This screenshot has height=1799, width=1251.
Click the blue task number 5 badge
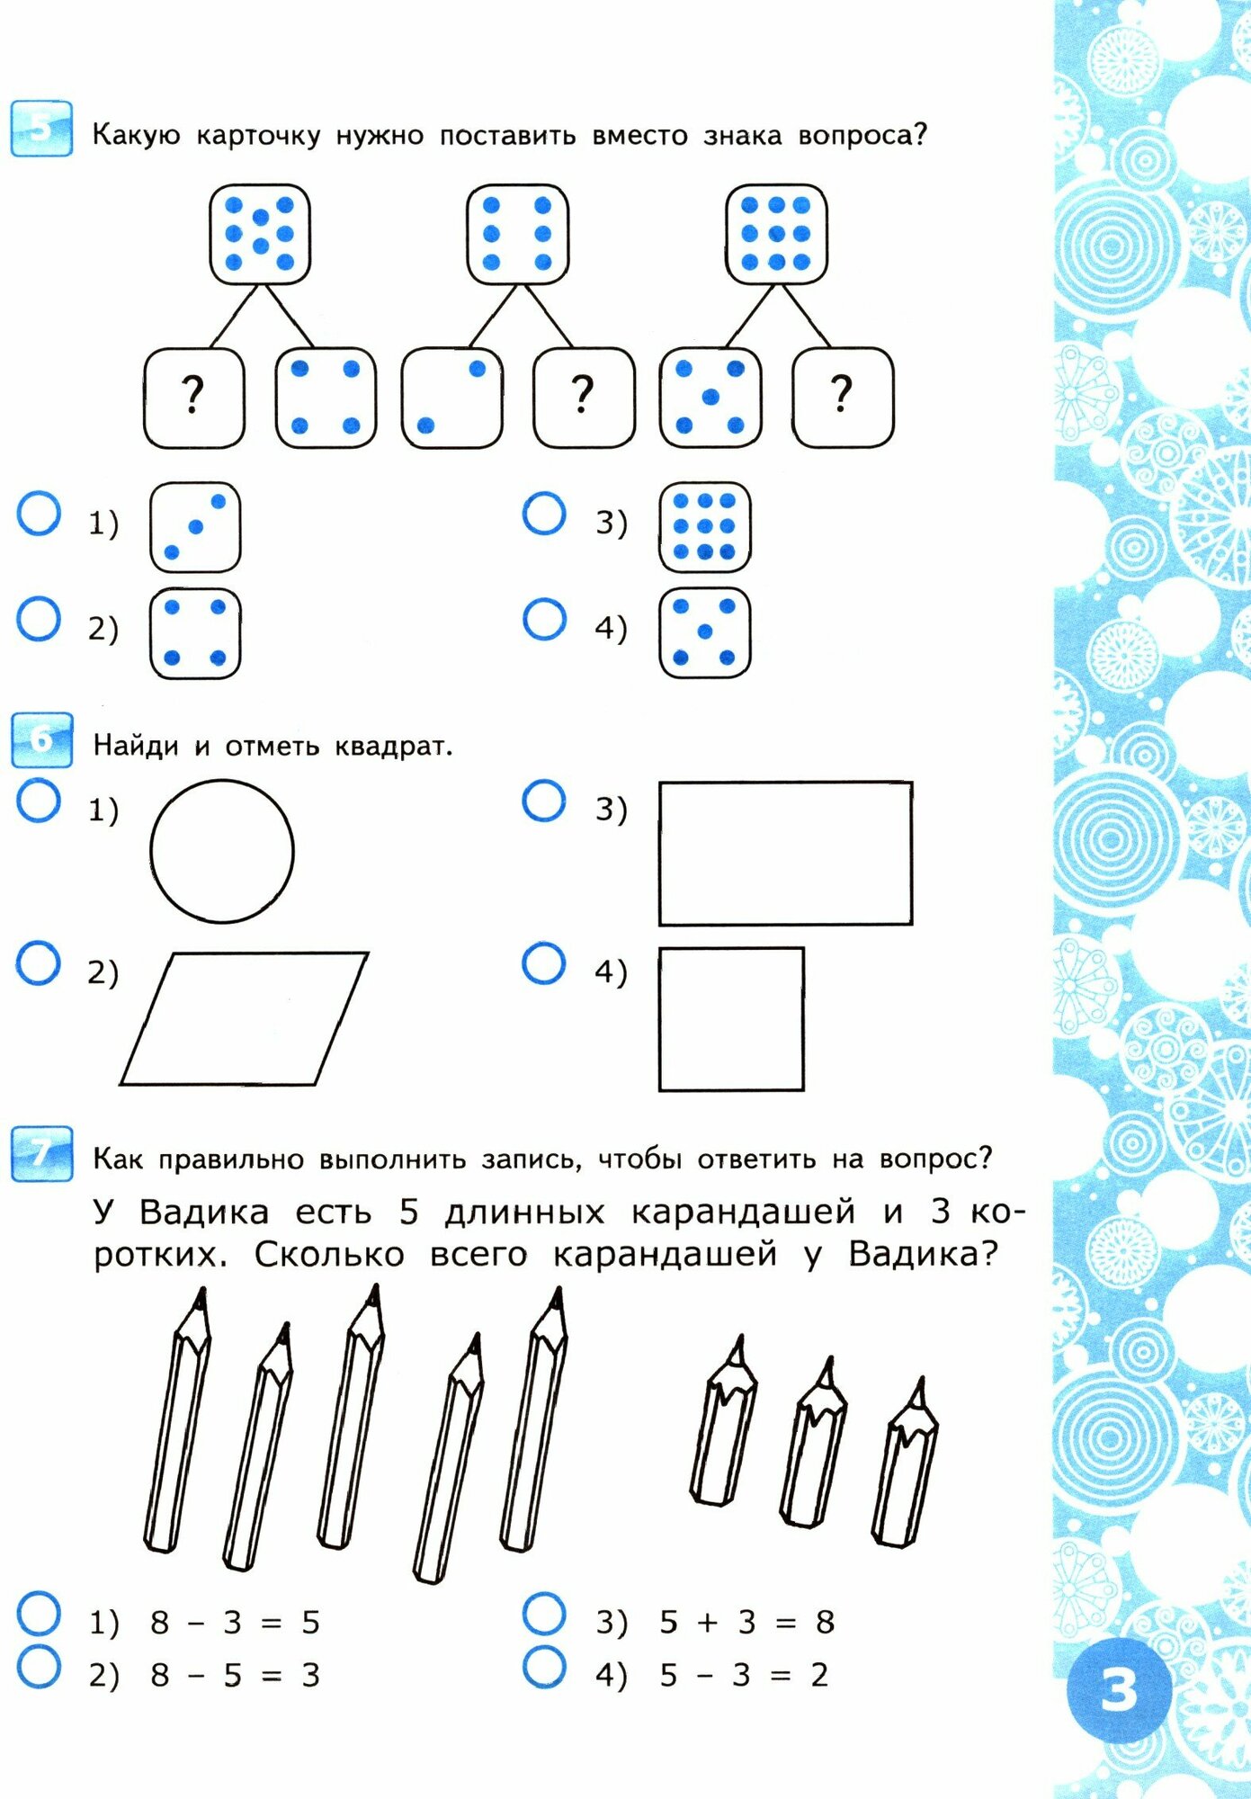pyautogui.click(x=41, y=129)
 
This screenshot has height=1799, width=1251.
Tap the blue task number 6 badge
pyautogui.click(x=41, y=739)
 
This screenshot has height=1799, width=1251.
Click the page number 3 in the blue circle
pyautogui.click(x=1119, y=1689)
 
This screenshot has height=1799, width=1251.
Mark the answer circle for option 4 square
pyautogui.click(x=544, y=963)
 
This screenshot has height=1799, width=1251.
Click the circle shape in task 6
pyautogui.click(x=222, y=851)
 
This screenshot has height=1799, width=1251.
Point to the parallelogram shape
pyautogui.click(x=244, y=1018)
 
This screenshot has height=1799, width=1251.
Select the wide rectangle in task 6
pyautogui.click(x=785, y=853)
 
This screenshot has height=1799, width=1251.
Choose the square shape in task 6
pyautogui.click(x=731, y=1019)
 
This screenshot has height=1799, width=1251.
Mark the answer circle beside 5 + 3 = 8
pyautogui.click(x=544, y=1615)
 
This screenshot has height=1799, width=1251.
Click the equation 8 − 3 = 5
pyautogui.click(x=235, y=1623)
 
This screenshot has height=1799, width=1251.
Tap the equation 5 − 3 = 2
pyautogui.click(x=743, y=1675)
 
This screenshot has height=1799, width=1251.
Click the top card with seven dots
pyautogui.click(x=260, y=235)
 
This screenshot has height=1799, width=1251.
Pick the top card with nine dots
pyautogui.click(x=776, y=235)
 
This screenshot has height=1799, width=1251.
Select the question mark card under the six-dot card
pyautogui.click(x=584, y=398)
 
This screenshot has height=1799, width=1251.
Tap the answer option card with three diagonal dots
pyautogui.click(x=195, y=527)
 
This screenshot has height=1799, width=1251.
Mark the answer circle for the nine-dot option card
pyautogui.click(x=544, y=514)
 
